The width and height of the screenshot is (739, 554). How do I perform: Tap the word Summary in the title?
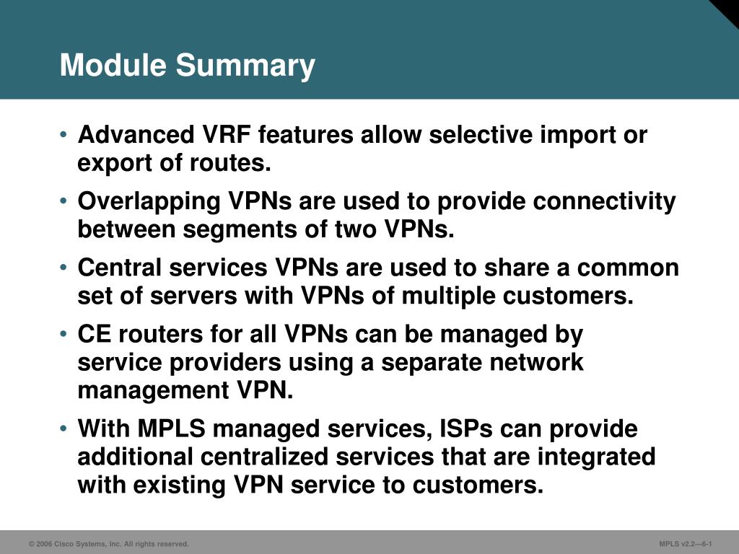pos(245,66)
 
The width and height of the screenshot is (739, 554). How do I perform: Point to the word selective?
pos(481,134)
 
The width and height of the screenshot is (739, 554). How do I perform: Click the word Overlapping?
pos(149,202)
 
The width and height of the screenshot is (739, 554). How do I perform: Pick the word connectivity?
pos(604,202)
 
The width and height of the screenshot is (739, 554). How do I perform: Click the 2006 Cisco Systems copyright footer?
pos(109,544)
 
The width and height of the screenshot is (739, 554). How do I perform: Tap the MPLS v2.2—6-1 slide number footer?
pos(686,544)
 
